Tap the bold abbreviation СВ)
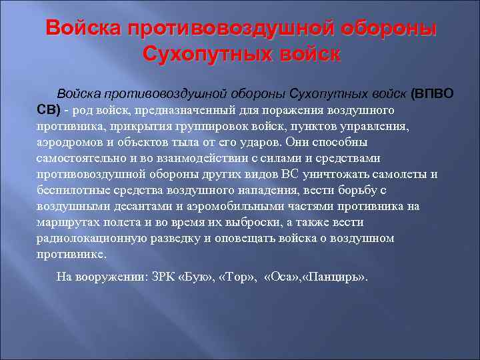[x=49, y=109]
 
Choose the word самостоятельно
[x=78, y=158]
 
